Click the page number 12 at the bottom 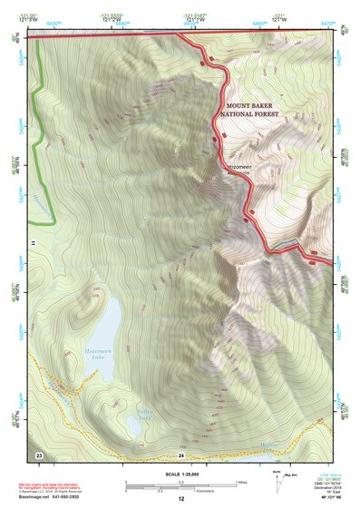(x=180, y=500)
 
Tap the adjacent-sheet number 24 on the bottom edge (x=180, y=454)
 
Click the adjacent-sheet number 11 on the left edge (x=33, y=244)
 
